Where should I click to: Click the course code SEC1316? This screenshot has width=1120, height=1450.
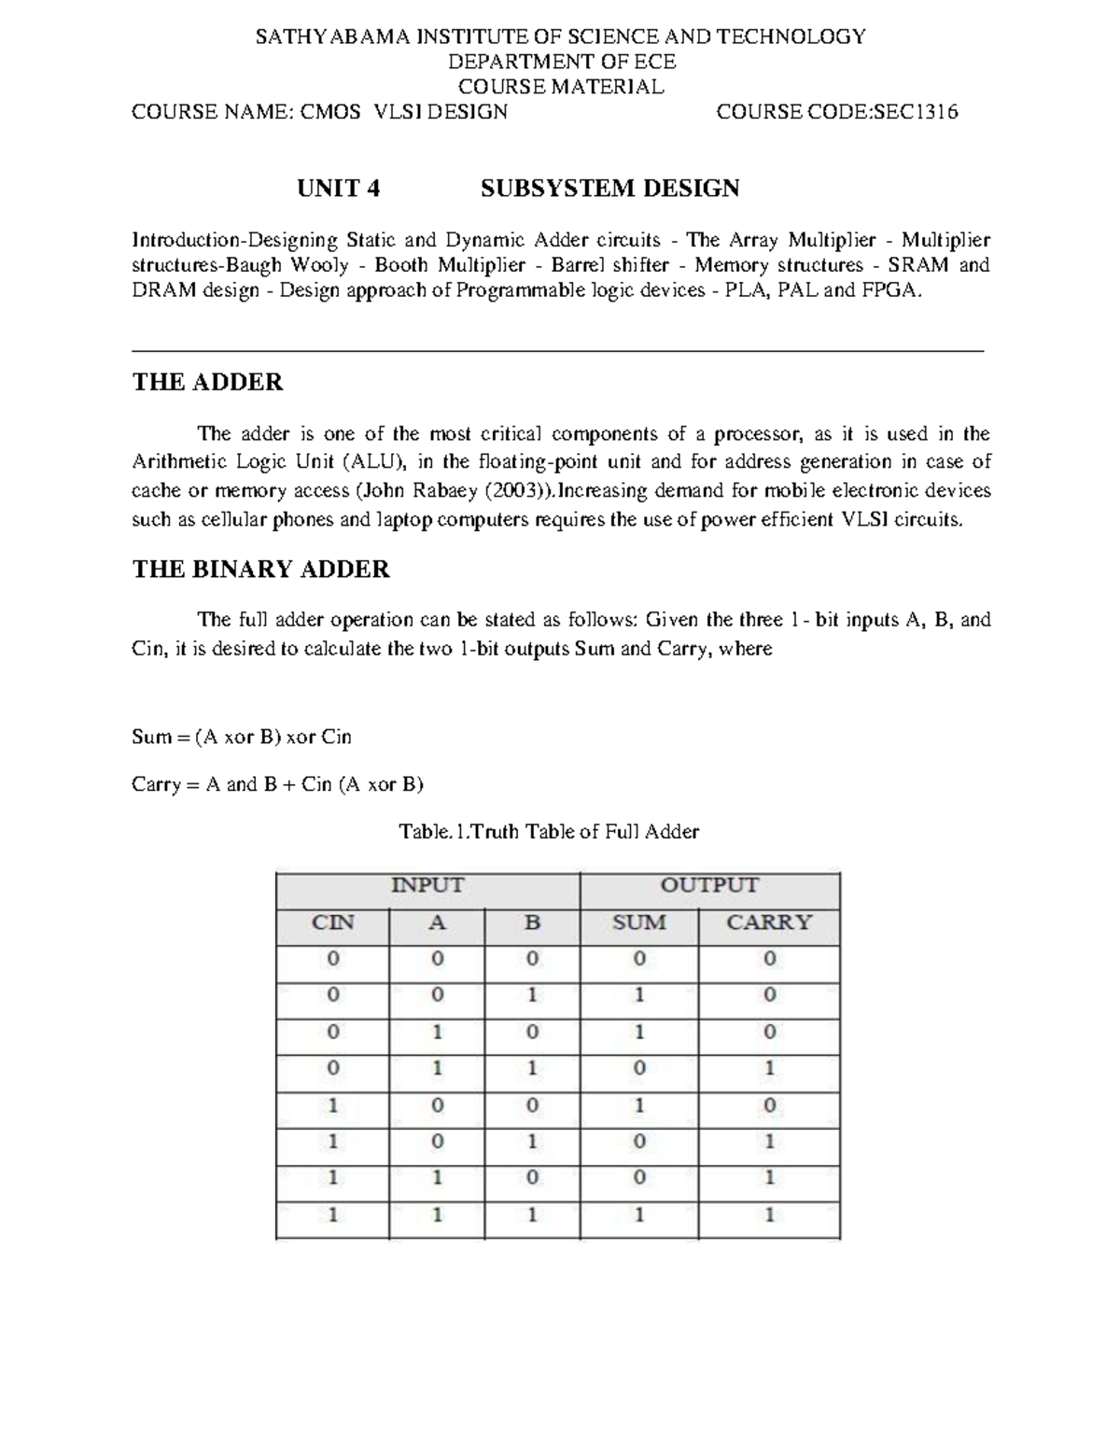(x=836, y=112)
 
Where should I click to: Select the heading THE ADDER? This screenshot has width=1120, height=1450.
(x=207, y=382)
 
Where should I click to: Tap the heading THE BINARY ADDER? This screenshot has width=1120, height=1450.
(x=260, y=570)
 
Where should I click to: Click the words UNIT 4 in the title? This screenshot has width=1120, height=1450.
(x=338, y=189)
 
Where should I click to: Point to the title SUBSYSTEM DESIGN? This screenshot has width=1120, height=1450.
(x=609, y=189)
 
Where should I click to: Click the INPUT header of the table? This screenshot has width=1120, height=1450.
(x=427, y=885)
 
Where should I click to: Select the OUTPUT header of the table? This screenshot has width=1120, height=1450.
(x=709, y=885)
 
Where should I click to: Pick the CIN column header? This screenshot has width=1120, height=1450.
(x=332, y=922)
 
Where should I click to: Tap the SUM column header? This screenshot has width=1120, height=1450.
(x=638, y=922)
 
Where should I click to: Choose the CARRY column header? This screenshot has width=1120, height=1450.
(x=769, y=922)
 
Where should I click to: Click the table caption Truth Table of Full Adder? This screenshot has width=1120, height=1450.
(x=549, y=831)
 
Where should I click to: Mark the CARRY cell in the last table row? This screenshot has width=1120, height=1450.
(x=769, y=1215)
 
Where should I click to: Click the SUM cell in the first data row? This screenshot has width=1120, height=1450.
(x=638, y=959)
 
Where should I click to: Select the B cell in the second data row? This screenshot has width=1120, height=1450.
(x=532, y=995)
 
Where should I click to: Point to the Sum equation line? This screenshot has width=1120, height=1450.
(x=242, y=737)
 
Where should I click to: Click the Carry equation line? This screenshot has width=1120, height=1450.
(x=277, y=784)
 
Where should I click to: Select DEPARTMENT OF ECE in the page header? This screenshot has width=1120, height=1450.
(x=562, y=62)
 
